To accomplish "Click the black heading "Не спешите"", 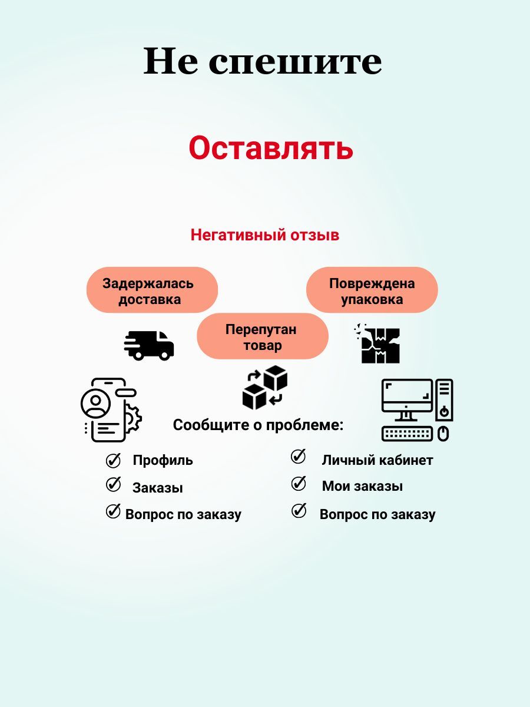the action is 263,61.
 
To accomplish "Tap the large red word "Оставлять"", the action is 271,148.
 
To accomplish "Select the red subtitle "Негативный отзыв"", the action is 265,235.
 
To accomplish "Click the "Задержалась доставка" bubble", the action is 152,290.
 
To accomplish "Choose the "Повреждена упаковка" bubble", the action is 372,290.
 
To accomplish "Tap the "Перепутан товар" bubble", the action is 263,336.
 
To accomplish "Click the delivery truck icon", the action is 149,345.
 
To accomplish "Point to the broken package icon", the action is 377,343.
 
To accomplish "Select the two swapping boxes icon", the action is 265,388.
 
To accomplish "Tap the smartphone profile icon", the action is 111,410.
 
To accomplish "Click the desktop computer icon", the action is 418,410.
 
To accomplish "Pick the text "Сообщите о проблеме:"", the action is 258,425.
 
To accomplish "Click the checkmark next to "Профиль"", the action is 113,460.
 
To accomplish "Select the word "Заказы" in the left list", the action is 158,488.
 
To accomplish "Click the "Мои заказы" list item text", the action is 362,486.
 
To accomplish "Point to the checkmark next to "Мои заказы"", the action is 299,484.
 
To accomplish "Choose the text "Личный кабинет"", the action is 377,460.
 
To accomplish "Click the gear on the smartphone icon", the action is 133,418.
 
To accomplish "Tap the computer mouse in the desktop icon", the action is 443,434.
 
